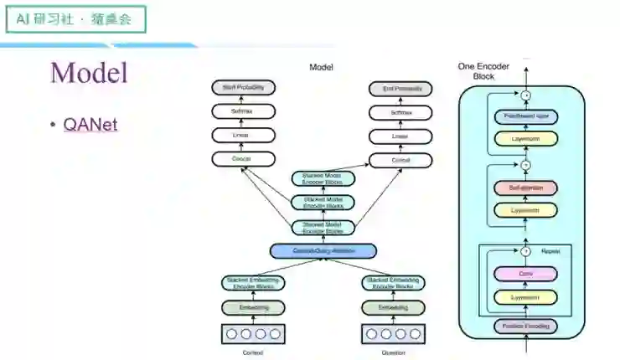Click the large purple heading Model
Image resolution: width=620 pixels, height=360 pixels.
point(89,72)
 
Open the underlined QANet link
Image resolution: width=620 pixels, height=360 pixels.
point(90,125)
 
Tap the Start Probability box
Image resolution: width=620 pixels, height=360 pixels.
point(243,88)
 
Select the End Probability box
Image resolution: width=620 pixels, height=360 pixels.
point(400,88)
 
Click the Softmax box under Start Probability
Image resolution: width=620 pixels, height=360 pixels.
point(243,111)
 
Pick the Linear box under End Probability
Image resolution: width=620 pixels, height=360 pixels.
point(400,135)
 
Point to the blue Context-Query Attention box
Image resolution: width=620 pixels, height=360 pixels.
point(323,250)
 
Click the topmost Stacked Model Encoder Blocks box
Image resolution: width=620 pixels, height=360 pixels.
point(323,178)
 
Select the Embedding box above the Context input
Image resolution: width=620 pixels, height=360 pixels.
point(253,308)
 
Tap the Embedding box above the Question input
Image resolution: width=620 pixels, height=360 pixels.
point(392,308)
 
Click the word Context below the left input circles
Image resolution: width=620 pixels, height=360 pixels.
point(252,352)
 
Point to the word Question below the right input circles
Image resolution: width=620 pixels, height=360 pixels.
point(392,352)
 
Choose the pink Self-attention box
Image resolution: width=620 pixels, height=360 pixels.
point(525,188)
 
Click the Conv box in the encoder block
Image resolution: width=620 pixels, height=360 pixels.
point(525,274)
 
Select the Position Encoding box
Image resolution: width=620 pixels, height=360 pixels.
point(525,325)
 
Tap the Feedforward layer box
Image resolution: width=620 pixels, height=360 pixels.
point(525,116)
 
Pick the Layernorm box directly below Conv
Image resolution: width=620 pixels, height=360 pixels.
point(525,297)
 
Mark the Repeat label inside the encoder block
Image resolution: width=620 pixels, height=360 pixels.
point(551,250)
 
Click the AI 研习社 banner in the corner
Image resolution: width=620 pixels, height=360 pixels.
point(75,18)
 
